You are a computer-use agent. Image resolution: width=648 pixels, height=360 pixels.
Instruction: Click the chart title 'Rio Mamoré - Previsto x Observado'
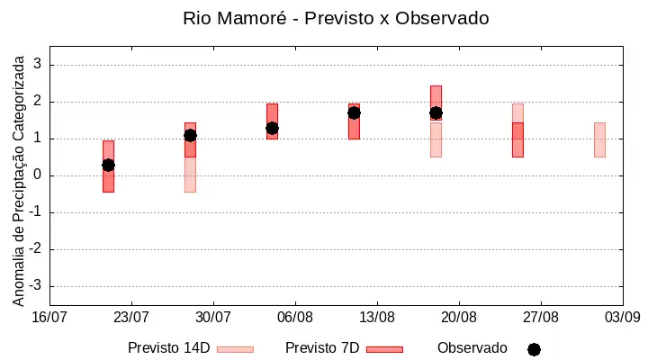point(336,19)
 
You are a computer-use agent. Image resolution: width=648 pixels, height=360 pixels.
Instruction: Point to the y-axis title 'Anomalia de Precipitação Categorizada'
point(18,181)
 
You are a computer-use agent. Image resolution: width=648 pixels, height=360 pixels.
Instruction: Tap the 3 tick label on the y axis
point(38,64)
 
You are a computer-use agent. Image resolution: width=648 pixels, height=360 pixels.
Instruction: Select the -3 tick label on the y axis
point(35,285)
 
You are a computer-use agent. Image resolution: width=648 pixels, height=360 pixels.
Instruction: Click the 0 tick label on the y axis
point(38,175)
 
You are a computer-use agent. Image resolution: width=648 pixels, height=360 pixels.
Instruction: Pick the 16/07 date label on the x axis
point(49,318)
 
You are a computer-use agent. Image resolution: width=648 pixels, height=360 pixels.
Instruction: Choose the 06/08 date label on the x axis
point(295,318)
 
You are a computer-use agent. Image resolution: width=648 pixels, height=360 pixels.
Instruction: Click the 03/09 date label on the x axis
point(623,318)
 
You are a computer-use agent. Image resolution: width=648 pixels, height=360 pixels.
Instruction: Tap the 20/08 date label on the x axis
point(459,318)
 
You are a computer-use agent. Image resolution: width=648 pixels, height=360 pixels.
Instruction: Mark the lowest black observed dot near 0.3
point(108,166)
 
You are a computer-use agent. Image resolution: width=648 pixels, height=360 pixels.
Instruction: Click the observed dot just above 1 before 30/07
point(190,136)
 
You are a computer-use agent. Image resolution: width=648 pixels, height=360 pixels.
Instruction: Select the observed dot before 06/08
point(272,129)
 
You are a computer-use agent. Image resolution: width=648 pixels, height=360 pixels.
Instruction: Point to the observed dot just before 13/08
point(354,112)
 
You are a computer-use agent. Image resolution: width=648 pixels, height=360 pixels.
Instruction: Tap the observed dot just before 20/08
point(436,112)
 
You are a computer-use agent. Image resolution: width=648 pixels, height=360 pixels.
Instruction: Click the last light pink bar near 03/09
point(599,139)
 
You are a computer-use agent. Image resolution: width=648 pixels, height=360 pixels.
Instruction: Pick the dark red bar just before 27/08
point(517,139)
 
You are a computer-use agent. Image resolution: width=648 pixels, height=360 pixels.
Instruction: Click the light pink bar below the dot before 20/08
point(436,139)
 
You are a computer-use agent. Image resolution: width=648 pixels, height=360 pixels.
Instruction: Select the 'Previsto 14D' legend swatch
point(235,350)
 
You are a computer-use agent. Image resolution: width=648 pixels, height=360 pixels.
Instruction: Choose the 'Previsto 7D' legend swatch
point(385,350)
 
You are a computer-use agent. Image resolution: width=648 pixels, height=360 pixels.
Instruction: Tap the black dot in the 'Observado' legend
point(534,350)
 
